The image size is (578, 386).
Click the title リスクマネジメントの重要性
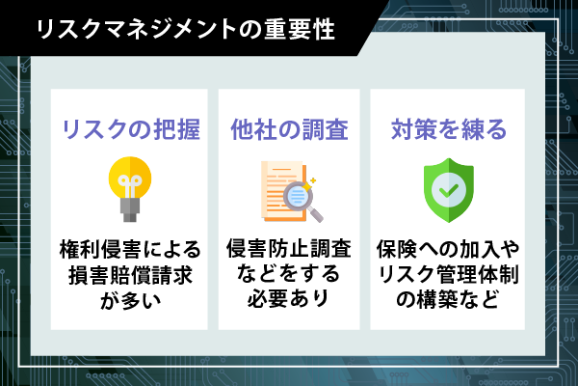click(185, 30)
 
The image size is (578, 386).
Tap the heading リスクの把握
click(131, 129)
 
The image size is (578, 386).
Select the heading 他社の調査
click(289, 129)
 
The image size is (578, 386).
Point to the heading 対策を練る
click(449, 129)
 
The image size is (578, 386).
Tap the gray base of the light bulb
click(130, 209)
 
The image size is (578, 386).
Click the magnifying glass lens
click(298, 196)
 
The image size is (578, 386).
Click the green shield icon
click(449, 190)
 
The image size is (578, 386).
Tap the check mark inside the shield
click(449, 190)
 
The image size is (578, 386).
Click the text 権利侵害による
click(130, 249)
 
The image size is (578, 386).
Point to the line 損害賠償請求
click(130, 274)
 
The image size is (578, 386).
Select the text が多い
click(130, 299)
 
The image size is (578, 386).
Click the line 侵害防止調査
click(289, 248)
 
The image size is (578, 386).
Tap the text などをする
click(288, 273)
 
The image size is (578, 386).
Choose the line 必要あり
click(288, 298)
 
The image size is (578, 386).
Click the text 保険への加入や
click(448, 249)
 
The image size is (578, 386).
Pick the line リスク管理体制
click(448, 274)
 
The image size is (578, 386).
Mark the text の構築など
click(448, 299)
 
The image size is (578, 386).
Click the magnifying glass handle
click(316, 214)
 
